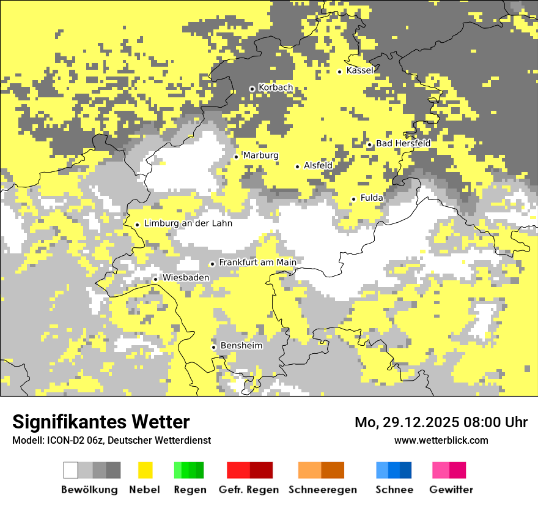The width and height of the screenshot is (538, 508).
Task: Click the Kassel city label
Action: click(359, 70)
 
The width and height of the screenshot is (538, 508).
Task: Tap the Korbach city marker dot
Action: click(251, 89)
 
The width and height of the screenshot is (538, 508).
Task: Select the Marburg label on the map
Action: click(260, 155)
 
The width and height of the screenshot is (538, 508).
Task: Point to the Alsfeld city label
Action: click(318, 165)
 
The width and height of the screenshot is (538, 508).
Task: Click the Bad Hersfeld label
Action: click(403, 143)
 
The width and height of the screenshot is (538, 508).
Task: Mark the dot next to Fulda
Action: click(353, 199)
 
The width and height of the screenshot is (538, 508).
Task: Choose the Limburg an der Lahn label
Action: click(188, 223)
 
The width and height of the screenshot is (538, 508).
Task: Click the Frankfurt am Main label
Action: click(257, 263)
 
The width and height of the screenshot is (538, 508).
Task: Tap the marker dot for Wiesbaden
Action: click(155, 279)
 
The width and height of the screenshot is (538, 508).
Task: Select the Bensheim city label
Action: click(241, 346)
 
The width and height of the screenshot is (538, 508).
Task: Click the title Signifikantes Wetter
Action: click(101, 422)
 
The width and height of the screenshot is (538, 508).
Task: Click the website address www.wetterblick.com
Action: click(441, 440)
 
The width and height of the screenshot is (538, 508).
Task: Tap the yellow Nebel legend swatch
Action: click(145, 470)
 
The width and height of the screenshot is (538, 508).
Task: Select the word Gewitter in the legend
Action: click(451, 490)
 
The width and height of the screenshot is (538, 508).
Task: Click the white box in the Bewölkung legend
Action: click(71, 470)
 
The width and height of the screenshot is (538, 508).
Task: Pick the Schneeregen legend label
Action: click(322, 490)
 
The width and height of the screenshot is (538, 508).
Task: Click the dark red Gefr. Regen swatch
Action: click(261, 470)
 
